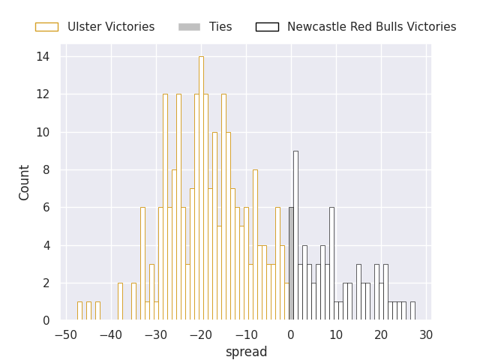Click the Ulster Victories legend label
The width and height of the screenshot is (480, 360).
coord(111,27)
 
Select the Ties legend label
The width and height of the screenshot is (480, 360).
coord(220,27)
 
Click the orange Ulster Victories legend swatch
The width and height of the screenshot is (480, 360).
coord(46,27)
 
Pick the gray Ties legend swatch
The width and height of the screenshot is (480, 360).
coord(189,27)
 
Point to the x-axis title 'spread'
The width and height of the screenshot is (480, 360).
coord(246,352)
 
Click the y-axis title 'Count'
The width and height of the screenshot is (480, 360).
coord(25,182)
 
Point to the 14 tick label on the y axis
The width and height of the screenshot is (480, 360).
coord(43,56)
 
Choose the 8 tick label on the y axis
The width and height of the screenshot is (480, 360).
coord(46,169)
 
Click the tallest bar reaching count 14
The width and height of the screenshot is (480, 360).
coord(201,188)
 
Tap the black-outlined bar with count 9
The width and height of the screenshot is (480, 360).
coord(295,235)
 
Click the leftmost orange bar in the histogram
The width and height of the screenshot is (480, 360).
coord(79,310)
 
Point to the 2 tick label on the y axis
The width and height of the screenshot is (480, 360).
coord(46,283)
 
